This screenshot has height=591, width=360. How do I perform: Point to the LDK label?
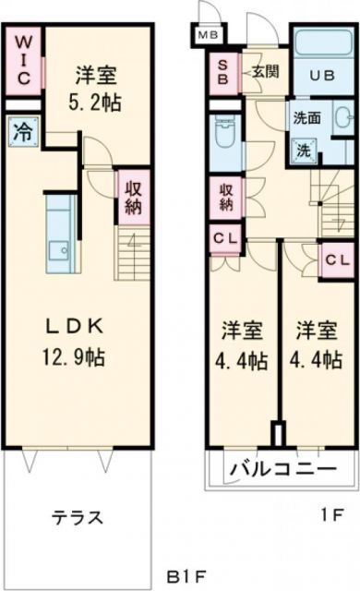[x=76, y=326]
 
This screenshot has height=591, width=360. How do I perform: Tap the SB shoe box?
[x=222, y=72]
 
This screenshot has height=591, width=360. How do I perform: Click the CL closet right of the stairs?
[x=335, y=258]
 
